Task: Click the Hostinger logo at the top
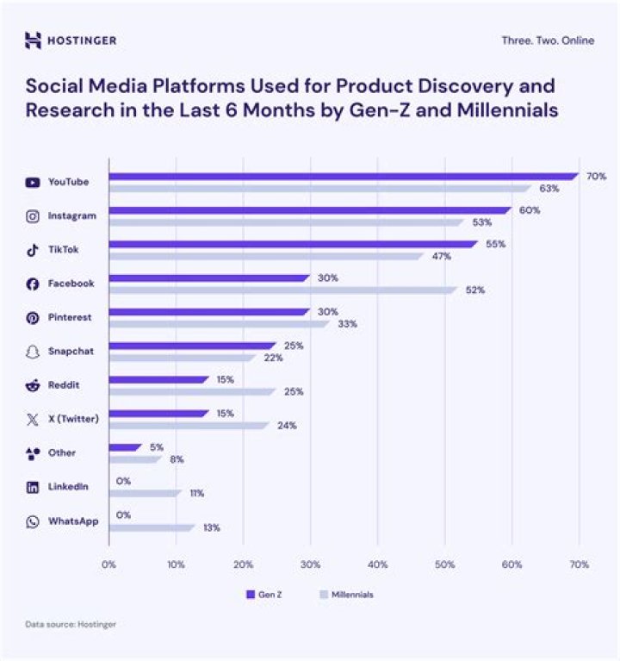[71, 41]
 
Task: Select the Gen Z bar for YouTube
[343, 177]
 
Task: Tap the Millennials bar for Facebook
[282, 290]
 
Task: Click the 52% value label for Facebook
[475, 290]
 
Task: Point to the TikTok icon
[33, 250]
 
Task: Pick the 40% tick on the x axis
[377, 564]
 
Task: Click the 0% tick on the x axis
[108, 564]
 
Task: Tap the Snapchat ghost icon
[33, 352]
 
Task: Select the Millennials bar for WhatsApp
[152, 527]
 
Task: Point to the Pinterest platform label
[70, 317]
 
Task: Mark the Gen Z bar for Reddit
[158, 379]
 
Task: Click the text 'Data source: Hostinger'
[70, 624]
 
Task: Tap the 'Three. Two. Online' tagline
[547, 41]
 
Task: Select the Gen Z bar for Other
[125, 447]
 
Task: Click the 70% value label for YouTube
[596, 177]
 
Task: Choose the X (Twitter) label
[73, 419]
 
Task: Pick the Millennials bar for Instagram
[286, 222]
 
